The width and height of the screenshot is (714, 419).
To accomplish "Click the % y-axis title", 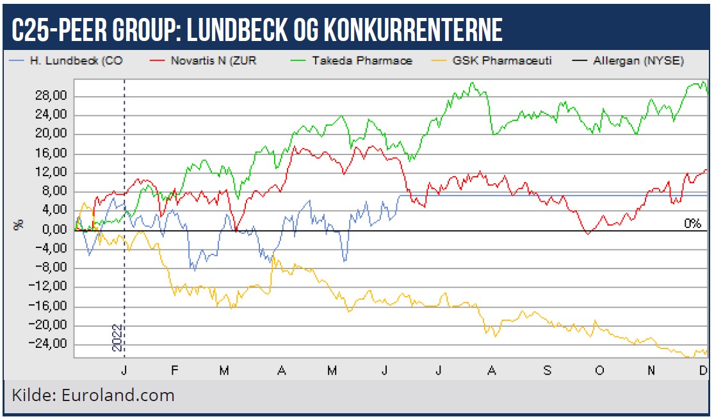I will coord(19,224).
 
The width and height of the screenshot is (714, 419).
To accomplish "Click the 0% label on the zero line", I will coord(692,224).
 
